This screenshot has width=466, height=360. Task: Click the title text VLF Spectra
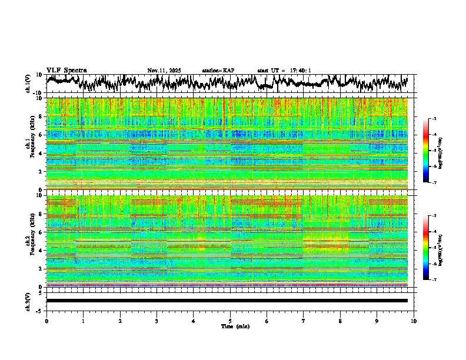66,71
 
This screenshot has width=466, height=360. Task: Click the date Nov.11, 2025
164,71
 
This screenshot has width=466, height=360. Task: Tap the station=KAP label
218,71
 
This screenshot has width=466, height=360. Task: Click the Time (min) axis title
235,326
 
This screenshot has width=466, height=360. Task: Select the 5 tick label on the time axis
230,321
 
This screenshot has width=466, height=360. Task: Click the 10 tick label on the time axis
414,321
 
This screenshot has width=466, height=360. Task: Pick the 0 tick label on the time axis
46,321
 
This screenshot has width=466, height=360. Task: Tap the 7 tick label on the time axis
304,321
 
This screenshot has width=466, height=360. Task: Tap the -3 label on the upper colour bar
441,119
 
